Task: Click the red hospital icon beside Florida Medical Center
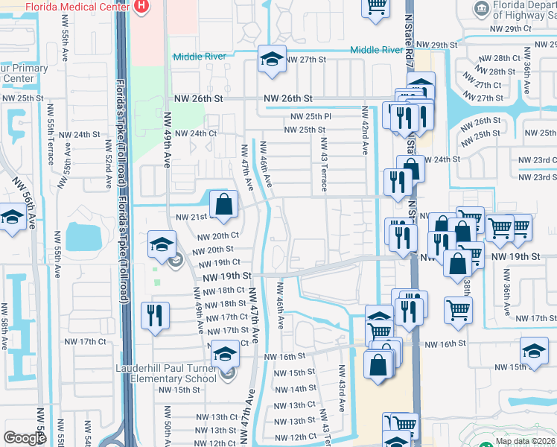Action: (x=142, y=6)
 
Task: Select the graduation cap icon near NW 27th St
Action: (x=273, y=60)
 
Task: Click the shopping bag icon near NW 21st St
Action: (x=223, y=204)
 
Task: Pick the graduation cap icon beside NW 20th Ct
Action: (x=162, y=245)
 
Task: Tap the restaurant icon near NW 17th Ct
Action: (x=156, y=314)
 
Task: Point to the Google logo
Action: (x=25, y=438)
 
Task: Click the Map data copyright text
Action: (x=526, y=441)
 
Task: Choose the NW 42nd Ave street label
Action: (x=365, y=130)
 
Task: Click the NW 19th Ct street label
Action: (x=217, y=262)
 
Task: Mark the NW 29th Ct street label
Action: (x=507, y=29)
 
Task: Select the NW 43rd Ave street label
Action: (x=343, y=389)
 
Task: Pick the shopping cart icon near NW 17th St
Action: (x=459, y=310)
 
